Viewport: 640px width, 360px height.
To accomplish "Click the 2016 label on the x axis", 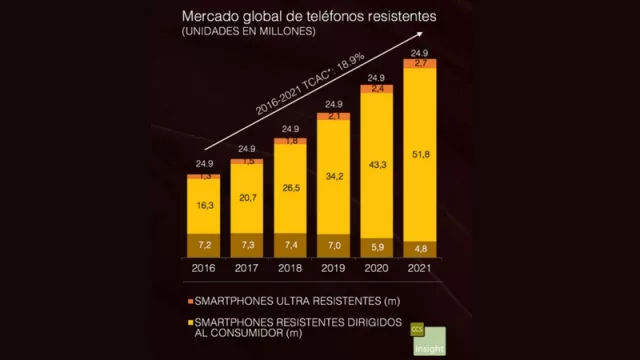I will (x=203, y=267).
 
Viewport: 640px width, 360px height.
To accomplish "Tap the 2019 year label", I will (x=333, y=267).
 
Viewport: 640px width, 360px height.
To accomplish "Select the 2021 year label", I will (x=418, y=267).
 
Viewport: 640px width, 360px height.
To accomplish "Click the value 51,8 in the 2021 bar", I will (x=419, y=154).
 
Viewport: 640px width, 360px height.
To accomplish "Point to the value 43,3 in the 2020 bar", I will (x=376, y=164).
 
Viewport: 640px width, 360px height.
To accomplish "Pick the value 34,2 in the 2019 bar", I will (x=333, y=176).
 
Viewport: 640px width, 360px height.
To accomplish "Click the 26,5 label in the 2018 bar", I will (x=290, y=187).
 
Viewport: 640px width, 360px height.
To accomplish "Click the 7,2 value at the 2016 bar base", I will (x=204, y=244).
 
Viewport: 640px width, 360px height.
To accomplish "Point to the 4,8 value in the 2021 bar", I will (x=419, y=247).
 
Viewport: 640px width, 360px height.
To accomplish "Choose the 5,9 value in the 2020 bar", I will (x=376, y=246).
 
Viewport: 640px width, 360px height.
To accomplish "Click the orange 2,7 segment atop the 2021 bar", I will (x=419, y=64).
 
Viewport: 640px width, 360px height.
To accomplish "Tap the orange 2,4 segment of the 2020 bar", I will (x=376, y=89).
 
